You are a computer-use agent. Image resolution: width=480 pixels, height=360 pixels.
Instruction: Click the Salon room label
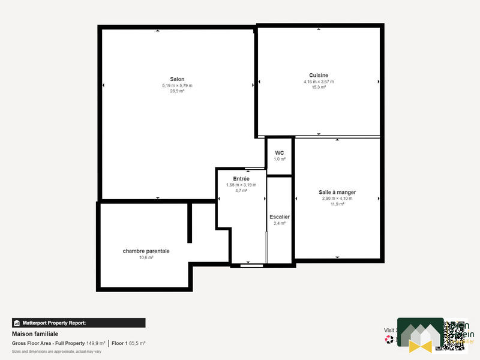(x=177, y=79)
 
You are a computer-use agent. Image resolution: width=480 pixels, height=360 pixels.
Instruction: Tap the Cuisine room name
(x=319, y=76)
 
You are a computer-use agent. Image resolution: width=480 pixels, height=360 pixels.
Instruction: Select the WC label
(x=280, y=153)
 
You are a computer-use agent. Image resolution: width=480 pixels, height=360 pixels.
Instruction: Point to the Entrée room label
(x=241, y=179)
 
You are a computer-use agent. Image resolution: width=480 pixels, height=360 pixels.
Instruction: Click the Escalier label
(x=280, y=217)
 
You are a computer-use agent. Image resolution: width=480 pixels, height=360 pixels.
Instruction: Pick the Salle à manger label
(x=337, y=192)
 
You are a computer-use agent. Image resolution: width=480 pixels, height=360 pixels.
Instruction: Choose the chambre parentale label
(x=146, y=251)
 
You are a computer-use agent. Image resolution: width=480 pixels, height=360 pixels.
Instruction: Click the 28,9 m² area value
(x=177, y=91)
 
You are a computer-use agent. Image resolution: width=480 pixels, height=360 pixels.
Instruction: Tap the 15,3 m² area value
(x=319, y=88)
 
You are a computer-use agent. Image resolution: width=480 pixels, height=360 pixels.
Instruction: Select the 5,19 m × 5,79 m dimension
(x=177, y=85)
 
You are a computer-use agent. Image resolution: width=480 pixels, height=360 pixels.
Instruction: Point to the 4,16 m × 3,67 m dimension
(x=319, y=82)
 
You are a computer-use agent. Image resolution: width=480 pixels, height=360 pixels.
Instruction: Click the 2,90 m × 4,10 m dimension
(x=337, y=198)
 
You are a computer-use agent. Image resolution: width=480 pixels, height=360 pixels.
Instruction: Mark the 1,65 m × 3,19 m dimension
(x=241, y=185)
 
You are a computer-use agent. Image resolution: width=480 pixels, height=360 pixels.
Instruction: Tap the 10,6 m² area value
(x=146, y=257)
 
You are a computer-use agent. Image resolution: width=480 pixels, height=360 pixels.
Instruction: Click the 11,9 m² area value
(x=337, y=204)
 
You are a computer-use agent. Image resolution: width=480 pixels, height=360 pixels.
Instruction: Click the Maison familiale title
(x=35, y=334)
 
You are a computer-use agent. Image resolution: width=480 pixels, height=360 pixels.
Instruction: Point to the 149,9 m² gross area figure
(x=95, y=343)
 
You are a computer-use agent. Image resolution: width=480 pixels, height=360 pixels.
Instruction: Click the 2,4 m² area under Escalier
(x=280, y=223)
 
